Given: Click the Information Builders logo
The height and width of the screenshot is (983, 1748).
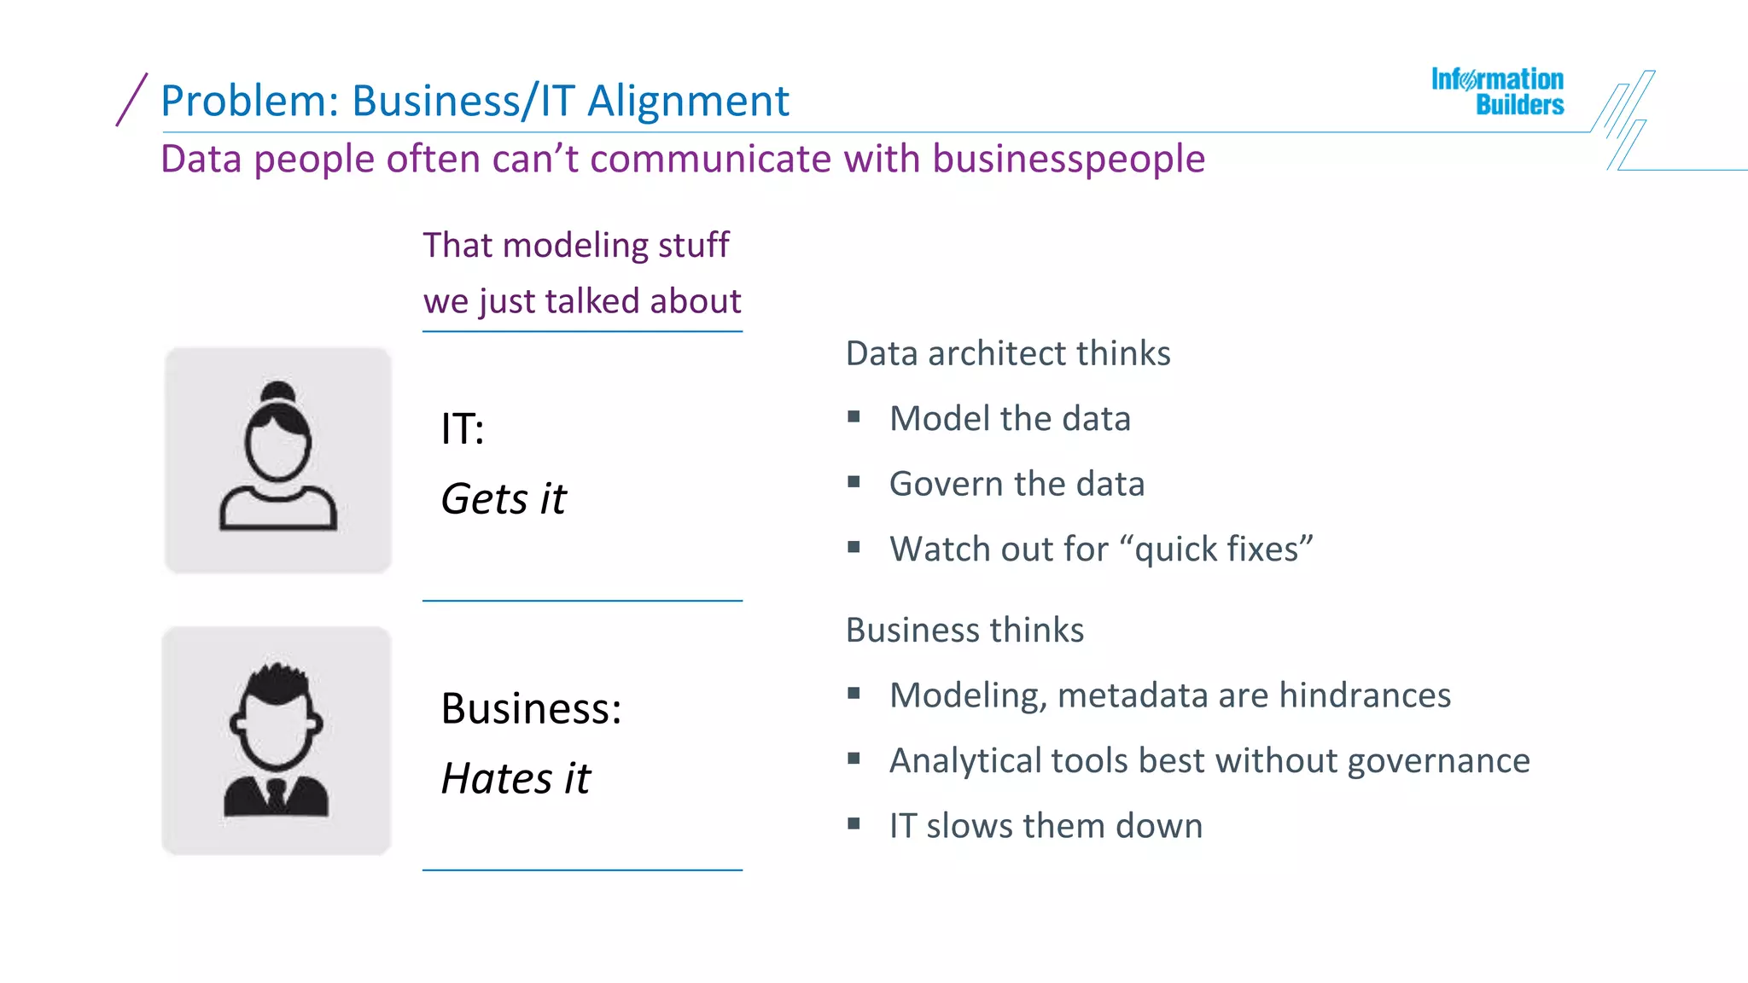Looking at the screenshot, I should pyautogui.click(x=1497, y=91).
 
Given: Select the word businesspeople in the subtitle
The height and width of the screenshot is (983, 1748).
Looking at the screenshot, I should pyautogui.click(x=1069, y=159).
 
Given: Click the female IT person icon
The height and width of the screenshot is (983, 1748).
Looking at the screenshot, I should pyautogui.click(x=278, y=460).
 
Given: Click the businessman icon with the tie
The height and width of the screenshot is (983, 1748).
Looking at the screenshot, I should pyautogui.click(x=277, y=741).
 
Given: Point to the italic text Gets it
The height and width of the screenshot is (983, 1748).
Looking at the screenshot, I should pyautogui.click(x=504, y=498).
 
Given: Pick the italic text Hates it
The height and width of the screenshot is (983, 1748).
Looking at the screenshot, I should pyautogui.click(x=516, y=778).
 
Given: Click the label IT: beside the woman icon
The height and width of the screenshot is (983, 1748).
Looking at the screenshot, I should pyautogui.click(x=463, y=428).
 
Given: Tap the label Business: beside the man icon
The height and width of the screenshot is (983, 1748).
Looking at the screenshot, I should pyautogui.click(x=531, y=708).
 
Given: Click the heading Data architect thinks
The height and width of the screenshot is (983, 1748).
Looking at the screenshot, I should pyautogui.click(x=1007, y=353).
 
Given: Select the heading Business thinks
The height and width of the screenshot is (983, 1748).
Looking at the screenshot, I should pyautogui.click(x=964, y=630).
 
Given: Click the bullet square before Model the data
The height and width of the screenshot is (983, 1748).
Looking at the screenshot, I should pyautogui.click(x=854, y=416).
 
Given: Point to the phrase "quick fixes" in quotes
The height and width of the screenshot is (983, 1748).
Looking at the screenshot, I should pyautogui.click(x=1222, y=549).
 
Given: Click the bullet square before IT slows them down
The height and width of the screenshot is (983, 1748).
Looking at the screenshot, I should pyautogui.click(x=854, y=823).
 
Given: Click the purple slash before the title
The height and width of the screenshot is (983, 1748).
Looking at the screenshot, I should pyautogui.click(x=131, y=100).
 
